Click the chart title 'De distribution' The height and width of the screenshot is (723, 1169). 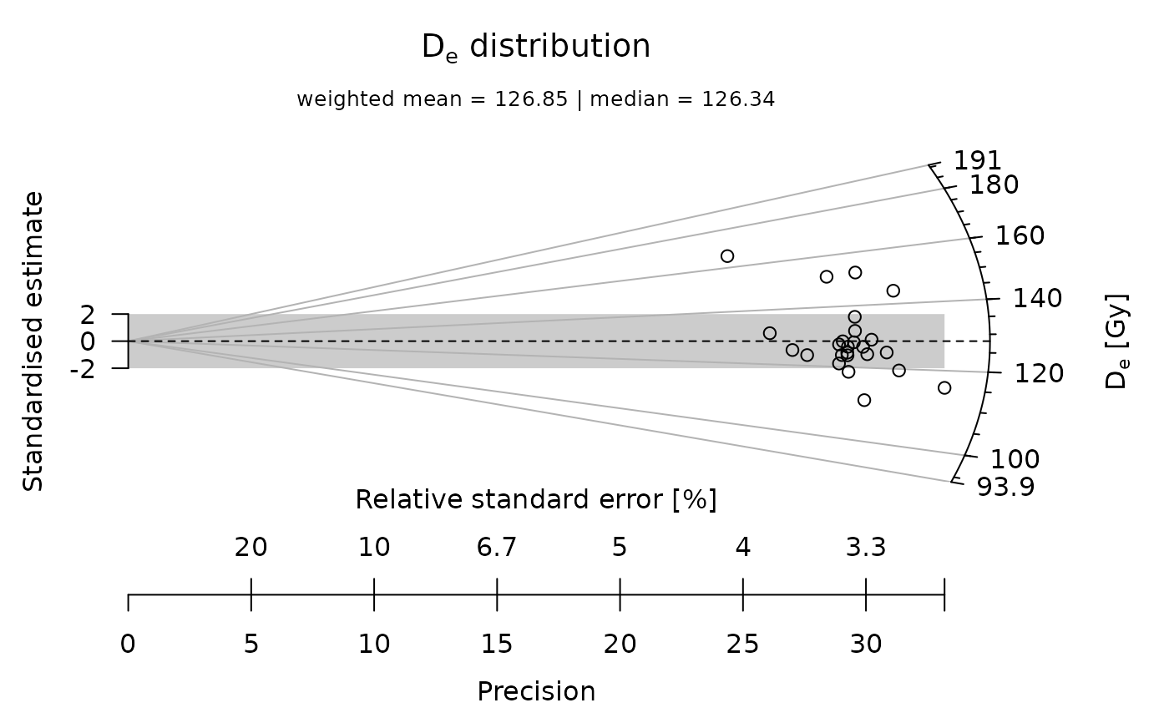(536, 48)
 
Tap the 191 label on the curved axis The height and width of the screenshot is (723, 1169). (979, 160)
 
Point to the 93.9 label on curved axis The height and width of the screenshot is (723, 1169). (1005, 486)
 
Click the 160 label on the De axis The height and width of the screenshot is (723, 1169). (1020, 236)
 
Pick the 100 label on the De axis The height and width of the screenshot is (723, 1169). (1015, 459)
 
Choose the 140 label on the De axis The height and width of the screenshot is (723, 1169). (1038, 299)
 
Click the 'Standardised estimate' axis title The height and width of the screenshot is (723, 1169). (33, 341)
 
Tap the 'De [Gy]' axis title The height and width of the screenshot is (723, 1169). (1116, 341)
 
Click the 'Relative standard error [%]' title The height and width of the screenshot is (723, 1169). (536, 500)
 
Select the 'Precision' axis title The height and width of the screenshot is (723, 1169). (536, 692)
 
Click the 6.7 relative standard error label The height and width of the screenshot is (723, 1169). (497, 548)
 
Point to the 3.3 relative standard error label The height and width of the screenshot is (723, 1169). (866, 548)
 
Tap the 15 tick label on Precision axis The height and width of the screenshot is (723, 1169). (497, 645)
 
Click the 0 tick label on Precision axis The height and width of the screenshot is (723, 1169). (128, 645)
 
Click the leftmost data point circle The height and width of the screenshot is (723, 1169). (727, 256)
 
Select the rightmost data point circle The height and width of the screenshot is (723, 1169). (944, 387)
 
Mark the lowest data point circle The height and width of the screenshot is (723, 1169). (864, 400)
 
